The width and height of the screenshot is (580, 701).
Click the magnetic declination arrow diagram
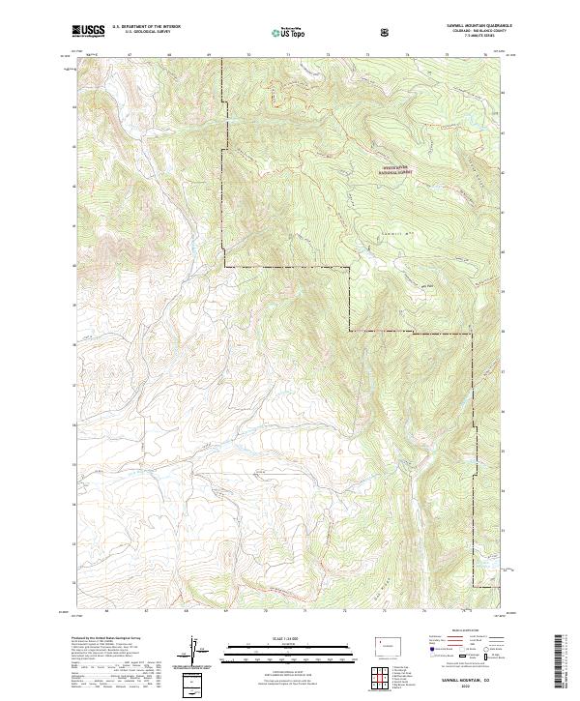point(193,653)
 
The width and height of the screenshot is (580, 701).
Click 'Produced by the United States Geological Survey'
point(106,639)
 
